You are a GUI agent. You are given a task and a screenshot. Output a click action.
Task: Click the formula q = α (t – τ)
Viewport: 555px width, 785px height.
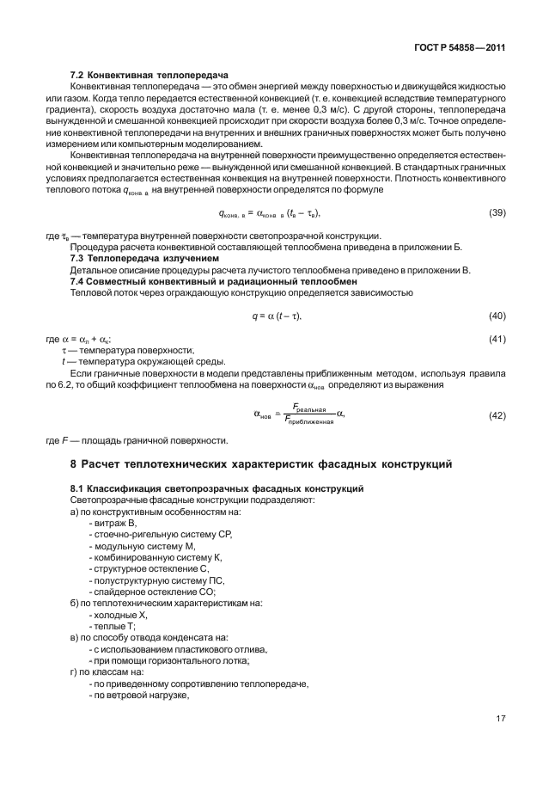(276, 316)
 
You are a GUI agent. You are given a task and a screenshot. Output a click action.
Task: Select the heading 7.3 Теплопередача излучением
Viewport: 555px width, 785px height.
(143, 258)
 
